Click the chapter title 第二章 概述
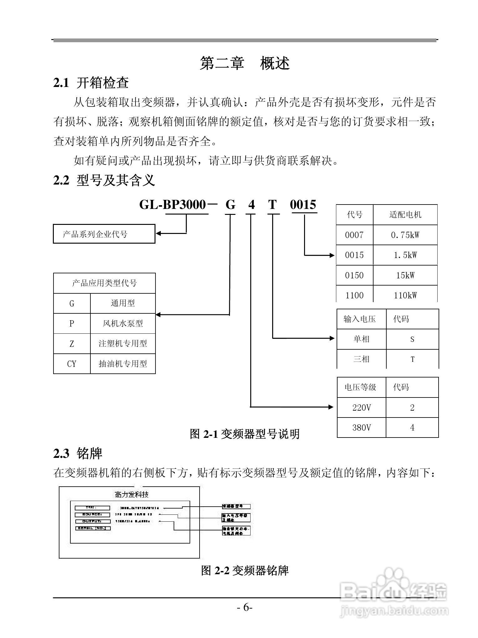(245, 63)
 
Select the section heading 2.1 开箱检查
(91, 83)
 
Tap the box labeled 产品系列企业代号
(104, 234)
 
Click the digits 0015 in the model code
(303, 205)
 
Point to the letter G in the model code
(230, 205)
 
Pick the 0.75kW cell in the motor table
(405, 235)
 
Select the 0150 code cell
(354, 276)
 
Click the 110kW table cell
(405, 295)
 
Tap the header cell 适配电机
(405, 215)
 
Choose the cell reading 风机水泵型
(123, 323)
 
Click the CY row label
(72, 364)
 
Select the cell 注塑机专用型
(123, 344)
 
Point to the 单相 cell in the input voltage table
(361, 339)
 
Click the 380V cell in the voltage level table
(361, 428)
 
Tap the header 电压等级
(360, 387)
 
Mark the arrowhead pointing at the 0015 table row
(332, 255)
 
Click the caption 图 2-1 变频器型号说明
(245, 434)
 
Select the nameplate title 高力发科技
(131, 494)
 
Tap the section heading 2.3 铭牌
(78, 453)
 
